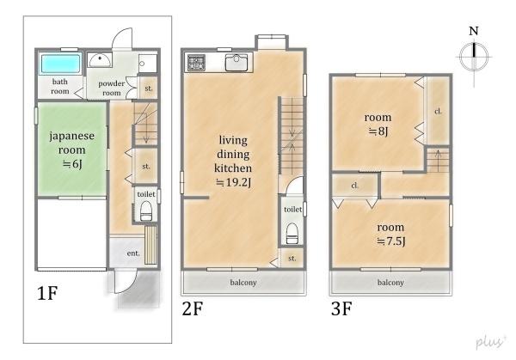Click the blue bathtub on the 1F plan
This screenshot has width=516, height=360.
coord(60,63)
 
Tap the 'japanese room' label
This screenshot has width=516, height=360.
coord(71,143)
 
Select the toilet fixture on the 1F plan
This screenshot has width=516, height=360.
coord(146,211)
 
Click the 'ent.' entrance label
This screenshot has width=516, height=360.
coord(133,253)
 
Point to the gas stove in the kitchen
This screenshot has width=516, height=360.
coord(196,63)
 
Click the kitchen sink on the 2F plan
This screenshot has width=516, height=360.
coord(236,63)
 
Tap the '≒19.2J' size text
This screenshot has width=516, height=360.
coord(233,182)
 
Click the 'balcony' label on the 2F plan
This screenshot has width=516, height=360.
coord(243,283)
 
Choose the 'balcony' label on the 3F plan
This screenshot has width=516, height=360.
coord(390,283)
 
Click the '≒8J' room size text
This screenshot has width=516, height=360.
coord(378,131)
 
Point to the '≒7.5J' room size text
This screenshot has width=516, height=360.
coord(390,241)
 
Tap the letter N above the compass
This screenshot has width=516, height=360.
coord(474,31)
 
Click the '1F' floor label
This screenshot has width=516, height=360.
coord(47,293)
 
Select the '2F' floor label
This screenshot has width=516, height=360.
coord(193,308)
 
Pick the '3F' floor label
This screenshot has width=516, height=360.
coord(341,308)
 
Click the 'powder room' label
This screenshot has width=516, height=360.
coord(112,88)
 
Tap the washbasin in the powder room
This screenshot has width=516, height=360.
coord(100,60)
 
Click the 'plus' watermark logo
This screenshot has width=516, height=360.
coord(490,342)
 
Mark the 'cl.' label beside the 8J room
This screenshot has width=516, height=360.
coord(438,112)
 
